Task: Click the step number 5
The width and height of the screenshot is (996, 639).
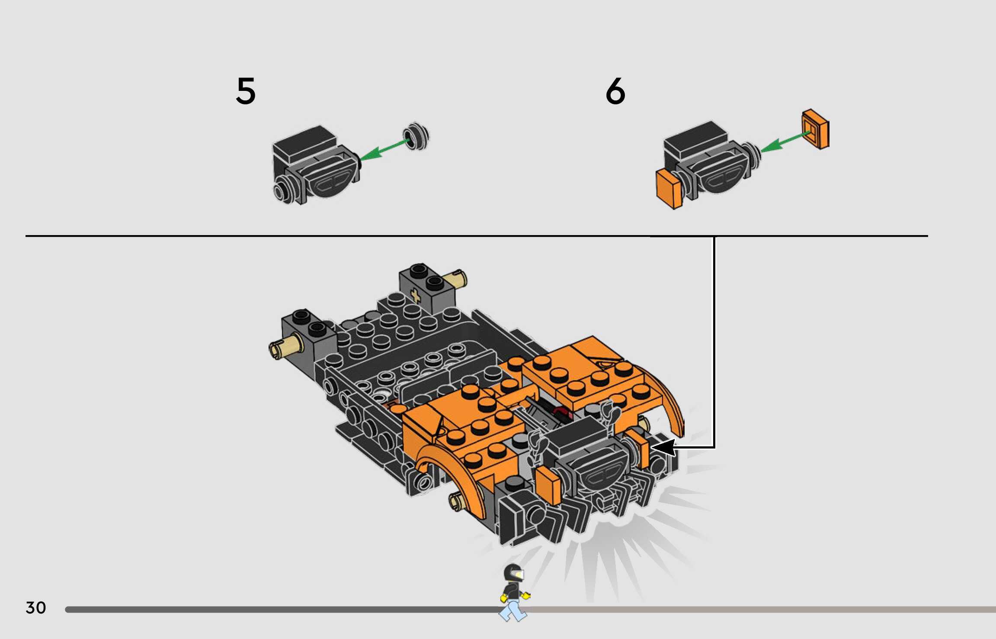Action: tap(246, 91)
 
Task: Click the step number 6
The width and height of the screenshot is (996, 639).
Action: tap(615, 91)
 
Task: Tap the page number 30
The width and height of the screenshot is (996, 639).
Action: tap(36, 607)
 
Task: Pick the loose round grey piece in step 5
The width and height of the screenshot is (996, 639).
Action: tap(416, 136)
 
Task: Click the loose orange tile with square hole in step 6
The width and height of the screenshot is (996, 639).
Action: tap(816, 129)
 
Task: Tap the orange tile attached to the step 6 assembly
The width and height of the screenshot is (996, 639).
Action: tap(669, 189)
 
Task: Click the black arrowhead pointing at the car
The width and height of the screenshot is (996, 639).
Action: tap(664, 447)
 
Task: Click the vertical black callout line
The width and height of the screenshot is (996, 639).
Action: tap(714, 342)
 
